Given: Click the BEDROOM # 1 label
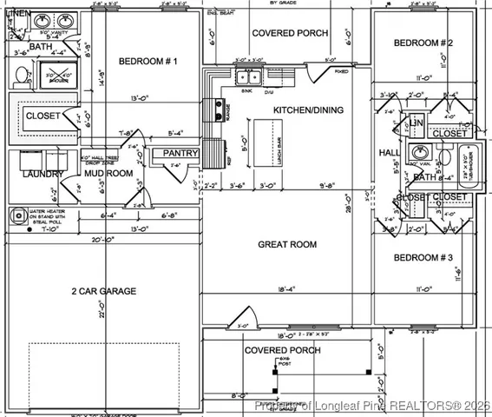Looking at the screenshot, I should [149, 62].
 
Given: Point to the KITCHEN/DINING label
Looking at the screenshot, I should [308, 110].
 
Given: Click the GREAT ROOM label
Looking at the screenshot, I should [286, 245].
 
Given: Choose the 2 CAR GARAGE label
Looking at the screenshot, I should [103, 292].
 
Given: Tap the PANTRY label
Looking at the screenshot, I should [181, 154].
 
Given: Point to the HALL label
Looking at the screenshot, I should [390, 153].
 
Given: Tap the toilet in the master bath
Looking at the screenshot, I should [20, 76].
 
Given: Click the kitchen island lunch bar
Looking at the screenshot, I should [266, 143].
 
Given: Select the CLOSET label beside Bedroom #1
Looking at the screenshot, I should [43, 115].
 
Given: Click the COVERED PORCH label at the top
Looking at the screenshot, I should [290, 33].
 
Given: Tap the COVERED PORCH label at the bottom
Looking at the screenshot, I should [282, 350].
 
